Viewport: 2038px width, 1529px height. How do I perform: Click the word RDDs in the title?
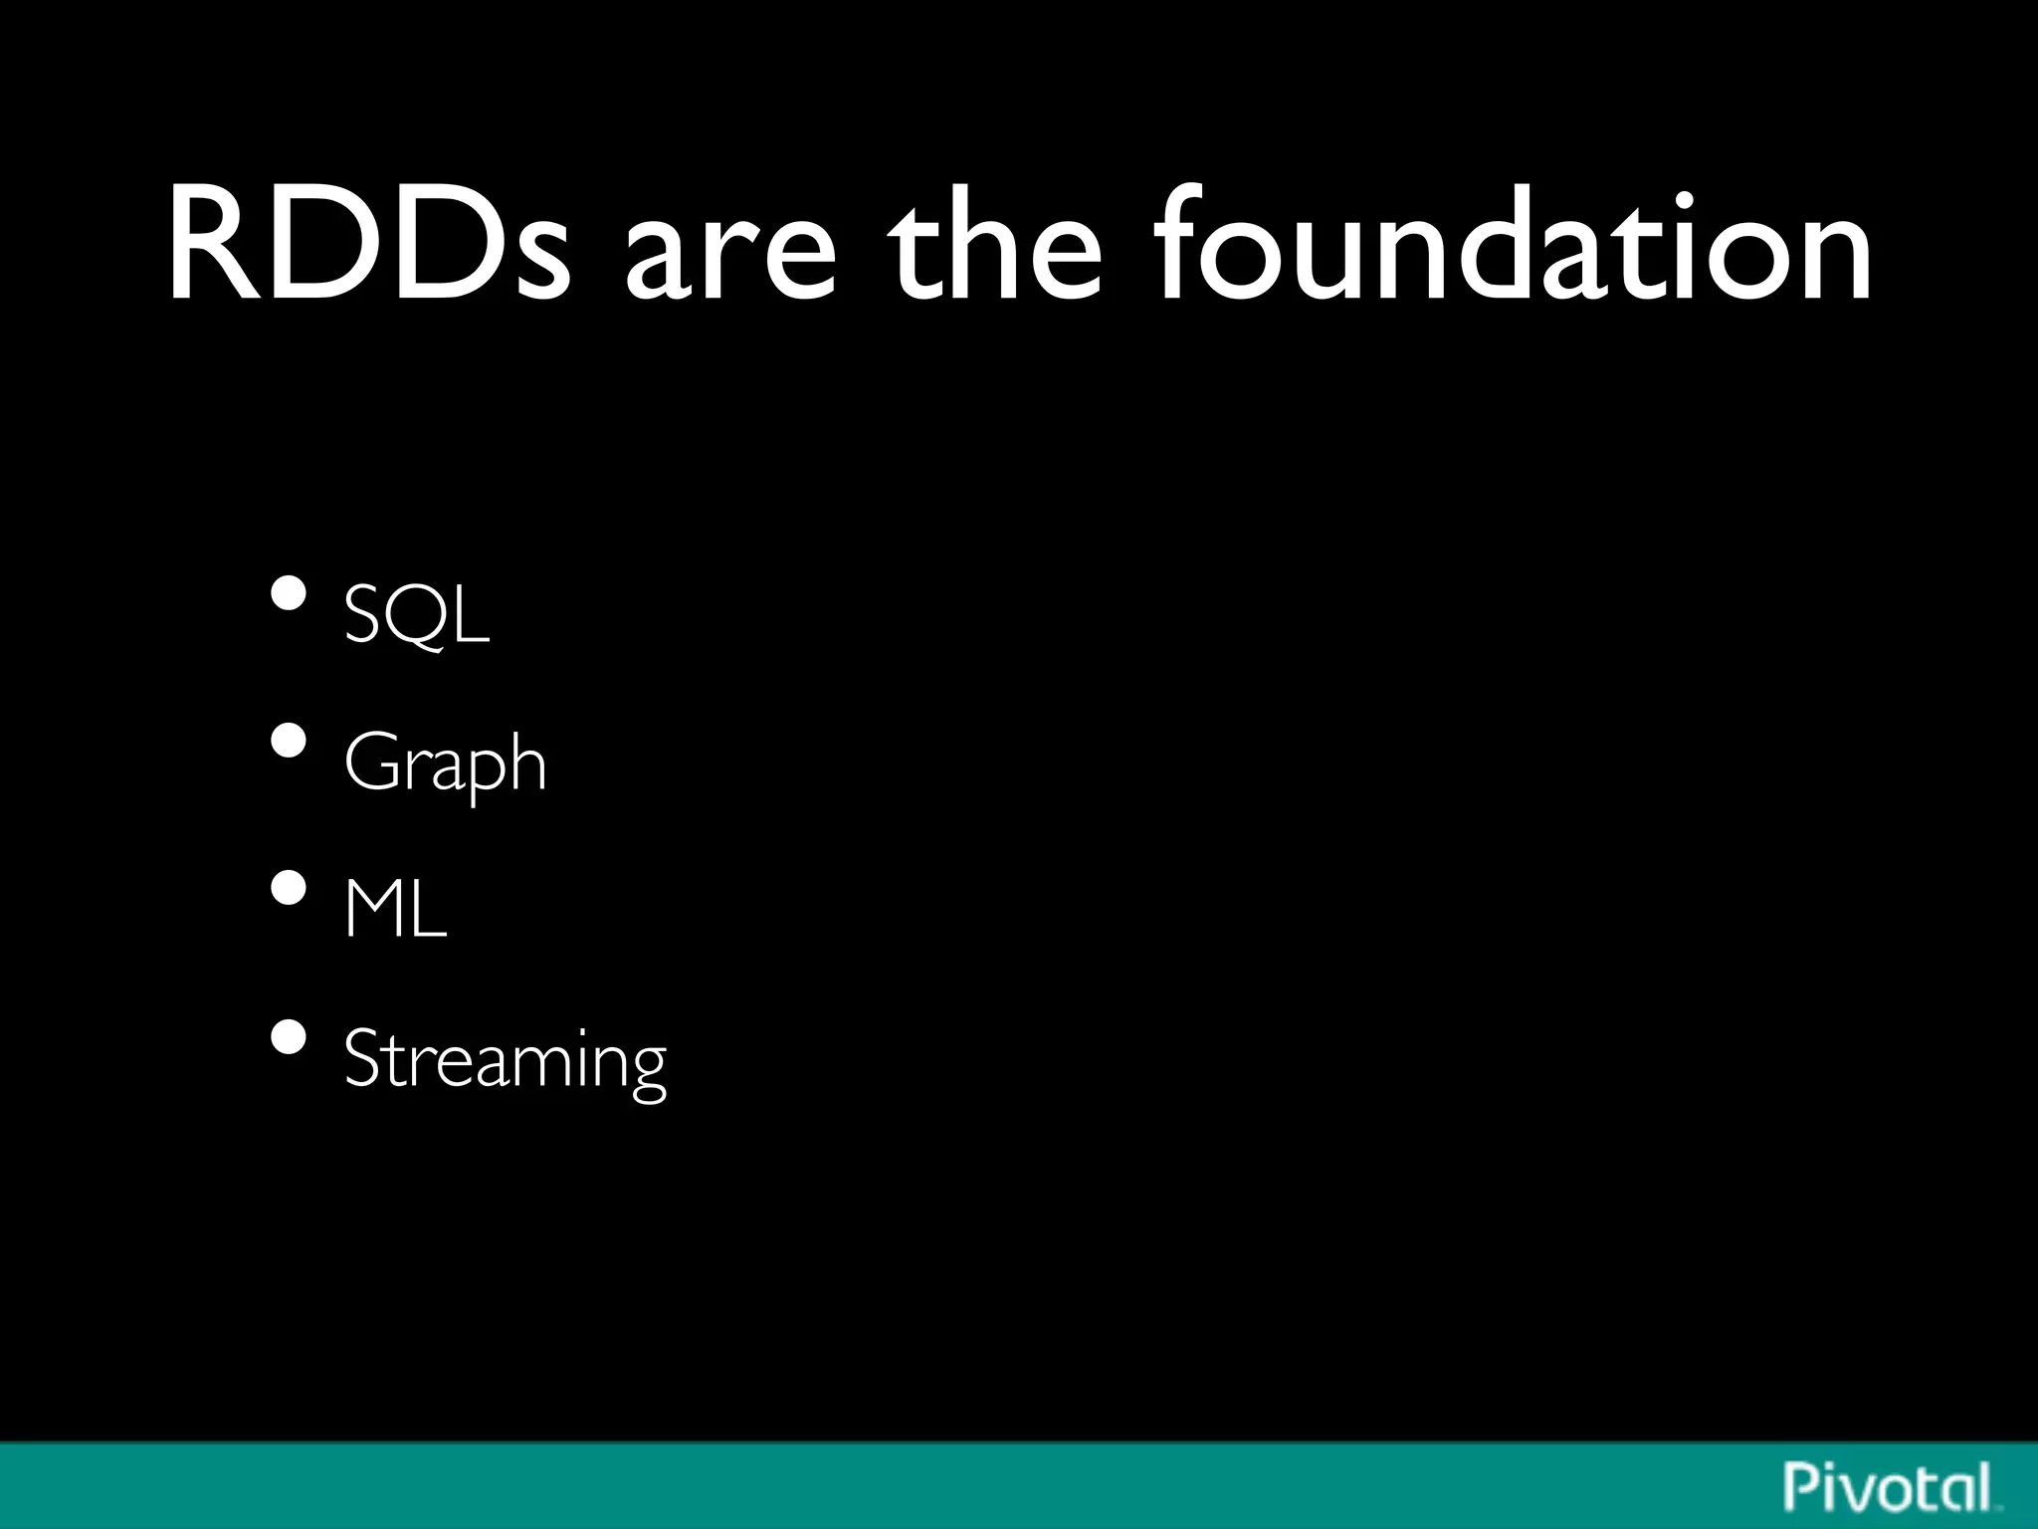[x=368, y=246]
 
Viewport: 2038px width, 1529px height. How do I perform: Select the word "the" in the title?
[x=995, y=246]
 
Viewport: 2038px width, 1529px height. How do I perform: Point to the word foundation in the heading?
[x=1513, y=246]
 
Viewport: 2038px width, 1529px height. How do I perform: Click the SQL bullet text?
[x=417, y=614]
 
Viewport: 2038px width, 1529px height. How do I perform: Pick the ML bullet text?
[x=395, y=908]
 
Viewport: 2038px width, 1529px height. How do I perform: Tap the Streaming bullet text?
[x=505, y=1060]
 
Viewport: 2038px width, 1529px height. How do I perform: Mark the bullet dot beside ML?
[x=289, y=888]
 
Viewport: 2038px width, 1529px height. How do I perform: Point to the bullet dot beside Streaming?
[x=289, y=1037]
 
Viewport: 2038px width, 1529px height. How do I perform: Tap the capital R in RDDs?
[x=210, y=246]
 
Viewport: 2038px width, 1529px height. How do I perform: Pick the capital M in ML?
[x=372, y=908]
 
